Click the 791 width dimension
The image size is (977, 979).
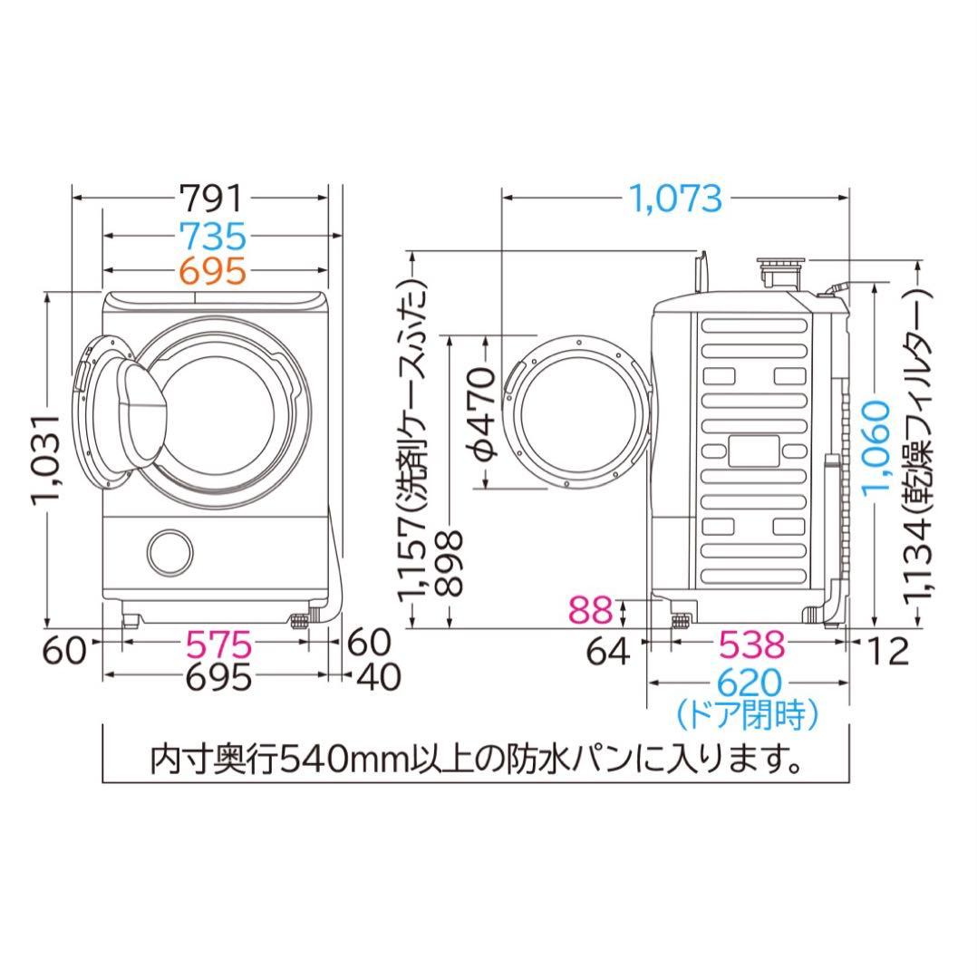[x=211, y=197]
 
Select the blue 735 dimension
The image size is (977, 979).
[x=211, y=236]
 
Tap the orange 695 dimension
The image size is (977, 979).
[x=211, y=270]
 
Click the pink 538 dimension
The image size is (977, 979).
[x=751, y=645]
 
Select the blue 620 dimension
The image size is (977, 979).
[x=750, y=683]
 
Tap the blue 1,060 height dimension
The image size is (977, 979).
[x=876, y=446]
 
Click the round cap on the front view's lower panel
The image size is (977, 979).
[x=170, y=549]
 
